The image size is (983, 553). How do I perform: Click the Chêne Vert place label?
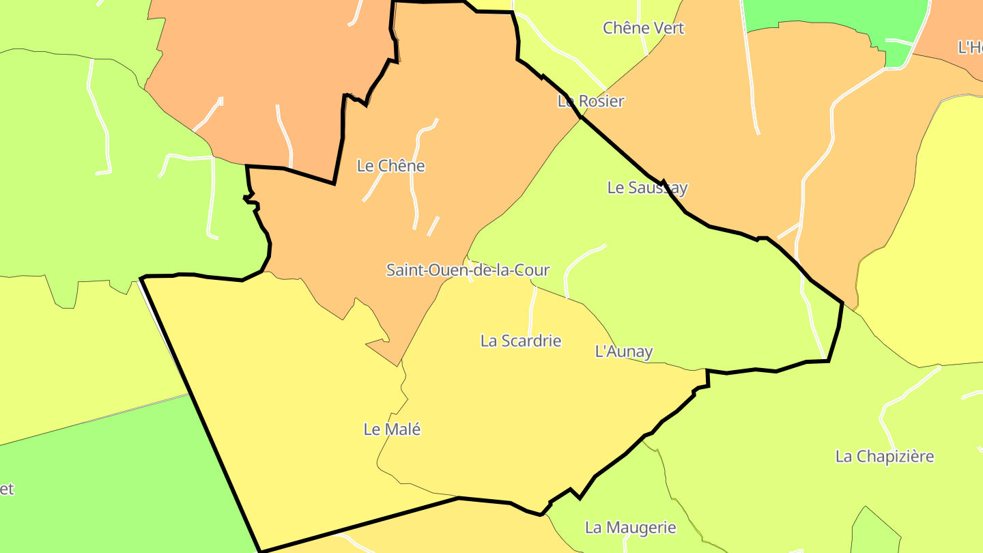[643, 28]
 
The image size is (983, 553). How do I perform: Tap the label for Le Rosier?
[590, 101]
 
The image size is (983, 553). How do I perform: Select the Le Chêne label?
[390, 166]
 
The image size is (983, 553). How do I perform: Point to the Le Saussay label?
[647, 188]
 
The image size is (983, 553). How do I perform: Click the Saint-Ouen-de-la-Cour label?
[468, 270]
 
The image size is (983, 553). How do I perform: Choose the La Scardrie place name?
[521, 341]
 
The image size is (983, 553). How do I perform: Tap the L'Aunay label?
[624, 352]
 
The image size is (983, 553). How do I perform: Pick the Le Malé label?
[392, 429]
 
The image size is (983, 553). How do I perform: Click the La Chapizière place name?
[884, 456]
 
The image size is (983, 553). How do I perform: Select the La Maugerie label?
[630, 528]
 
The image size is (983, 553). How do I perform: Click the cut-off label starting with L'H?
[970, 48]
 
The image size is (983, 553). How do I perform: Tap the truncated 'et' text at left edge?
[6, 489]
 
